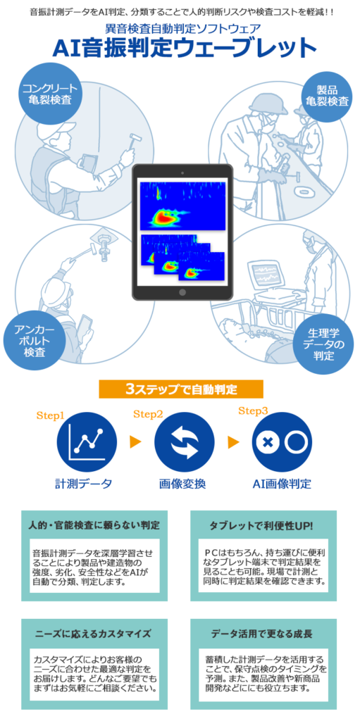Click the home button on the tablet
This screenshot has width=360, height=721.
(182, 292)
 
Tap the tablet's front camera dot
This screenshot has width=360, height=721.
(182, 173)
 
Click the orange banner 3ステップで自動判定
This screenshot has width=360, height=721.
(181, 389)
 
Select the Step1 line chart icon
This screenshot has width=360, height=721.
(85, 442)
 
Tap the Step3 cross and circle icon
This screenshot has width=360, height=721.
(281, 442)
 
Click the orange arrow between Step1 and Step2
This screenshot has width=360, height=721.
(135, 442)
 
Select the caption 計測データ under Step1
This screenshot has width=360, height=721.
(84, 484)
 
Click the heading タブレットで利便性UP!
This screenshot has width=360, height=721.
(261, 525)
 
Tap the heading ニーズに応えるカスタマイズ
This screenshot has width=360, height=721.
(93, 634)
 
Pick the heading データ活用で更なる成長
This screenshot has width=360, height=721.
(262, 634)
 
